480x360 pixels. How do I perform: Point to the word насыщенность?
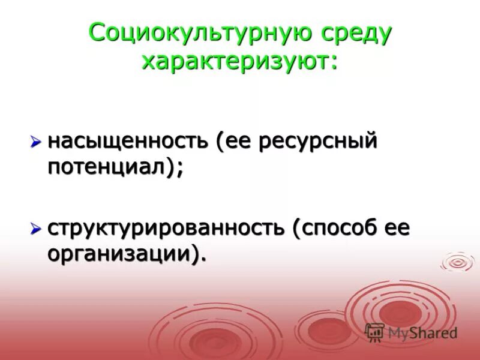coord(128,142)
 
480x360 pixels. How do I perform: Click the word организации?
coord(119,254)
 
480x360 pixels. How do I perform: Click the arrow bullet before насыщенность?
coord(36,142)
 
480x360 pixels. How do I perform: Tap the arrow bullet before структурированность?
coord(36,229)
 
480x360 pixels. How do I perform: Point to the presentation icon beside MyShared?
coord(374,332)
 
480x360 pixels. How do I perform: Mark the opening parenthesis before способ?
coord(296,229)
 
